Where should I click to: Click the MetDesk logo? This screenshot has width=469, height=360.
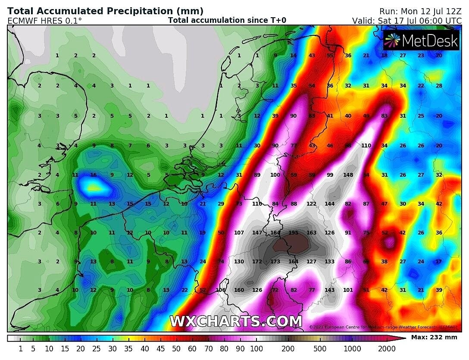pyautogui.click(x=421, y=41)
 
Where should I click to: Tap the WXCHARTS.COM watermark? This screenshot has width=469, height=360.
pyautogui.click(x=236, y=321)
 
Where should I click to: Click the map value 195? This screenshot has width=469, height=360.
pyautogui.click(x=293, y=233)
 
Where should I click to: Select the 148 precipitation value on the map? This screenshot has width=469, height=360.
pyautogui.click(x=348, y=175)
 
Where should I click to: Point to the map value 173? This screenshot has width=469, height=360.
pyautogui.click(x=275, y=262)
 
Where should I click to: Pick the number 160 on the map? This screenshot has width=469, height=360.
pyautogui.click(x=239, y=290)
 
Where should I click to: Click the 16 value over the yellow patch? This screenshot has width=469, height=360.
pyautogui.click(x=94, y=175)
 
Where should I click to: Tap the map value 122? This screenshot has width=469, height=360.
pyautogui.click(x=311, y=204)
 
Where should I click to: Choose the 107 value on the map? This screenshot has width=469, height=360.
pyautogui.click(x=239, y=233)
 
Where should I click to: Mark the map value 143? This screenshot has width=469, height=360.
pyautogui.click(x=329, y=290)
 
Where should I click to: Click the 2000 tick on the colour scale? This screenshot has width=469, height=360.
pyautogui.click(x=387, y=349)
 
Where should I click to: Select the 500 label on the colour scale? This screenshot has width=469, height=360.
pyautogui.click(x=320, y=349)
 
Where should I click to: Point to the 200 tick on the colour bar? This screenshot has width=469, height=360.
pyautogui.click(x=288, y=349)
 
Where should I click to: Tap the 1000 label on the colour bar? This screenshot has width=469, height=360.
pyautogui.click(x=352, y=349)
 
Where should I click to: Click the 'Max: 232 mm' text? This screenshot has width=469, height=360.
pyautogui.click(x=434, y=337)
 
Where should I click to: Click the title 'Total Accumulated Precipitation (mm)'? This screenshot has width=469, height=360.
pyautogui.click(x=106, y=11)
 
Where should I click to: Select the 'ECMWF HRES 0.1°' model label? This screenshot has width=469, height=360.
pyautogui.click(x=44, y=20)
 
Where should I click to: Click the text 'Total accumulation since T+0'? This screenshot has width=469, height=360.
pyautogui.click(x=227, y=20)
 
